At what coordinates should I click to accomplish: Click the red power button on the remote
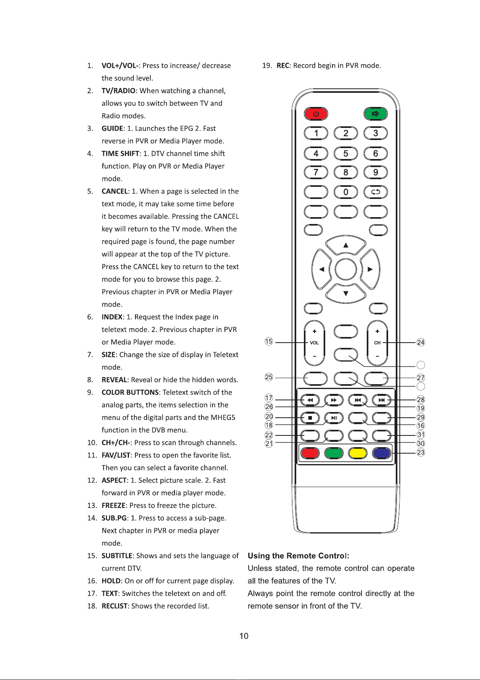tap(316, 114)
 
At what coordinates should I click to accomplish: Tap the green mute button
tap(375, 114)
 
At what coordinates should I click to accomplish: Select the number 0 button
tap(346, 192)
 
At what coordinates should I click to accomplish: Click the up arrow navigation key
tap(346, 245)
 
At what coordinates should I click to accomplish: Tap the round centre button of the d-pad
tap(346, 269)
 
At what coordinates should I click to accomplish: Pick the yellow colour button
tap(358, 453)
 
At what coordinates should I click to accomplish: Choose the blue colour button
tap(382, 453)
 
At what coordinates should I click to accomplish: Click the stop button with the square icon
tap(310, 418)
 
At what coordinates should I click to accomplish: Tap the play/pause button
tap(334, 418)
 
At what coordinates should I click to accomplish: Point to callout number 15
tap(269, 341)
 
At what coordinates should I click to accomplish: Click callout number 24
tap(421, 343)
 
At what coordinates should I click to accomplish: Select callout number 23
tap(421, 452)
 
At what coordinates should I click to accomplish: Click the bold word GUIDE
tap(112, 128)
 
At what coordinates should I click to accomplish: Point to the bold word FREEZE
tap(113, 505)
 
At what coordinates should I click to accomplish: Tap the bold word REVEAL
tap(114, 380)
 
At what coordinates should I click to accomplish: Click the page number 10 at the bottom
tap(244, 636)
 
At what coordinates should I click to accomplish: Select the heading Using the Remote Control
tap(298, 556)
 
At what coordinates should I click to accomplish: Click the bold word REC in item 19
tap(283, 65)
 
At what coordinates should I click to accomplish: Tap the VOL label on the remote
tap(314, 343)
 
